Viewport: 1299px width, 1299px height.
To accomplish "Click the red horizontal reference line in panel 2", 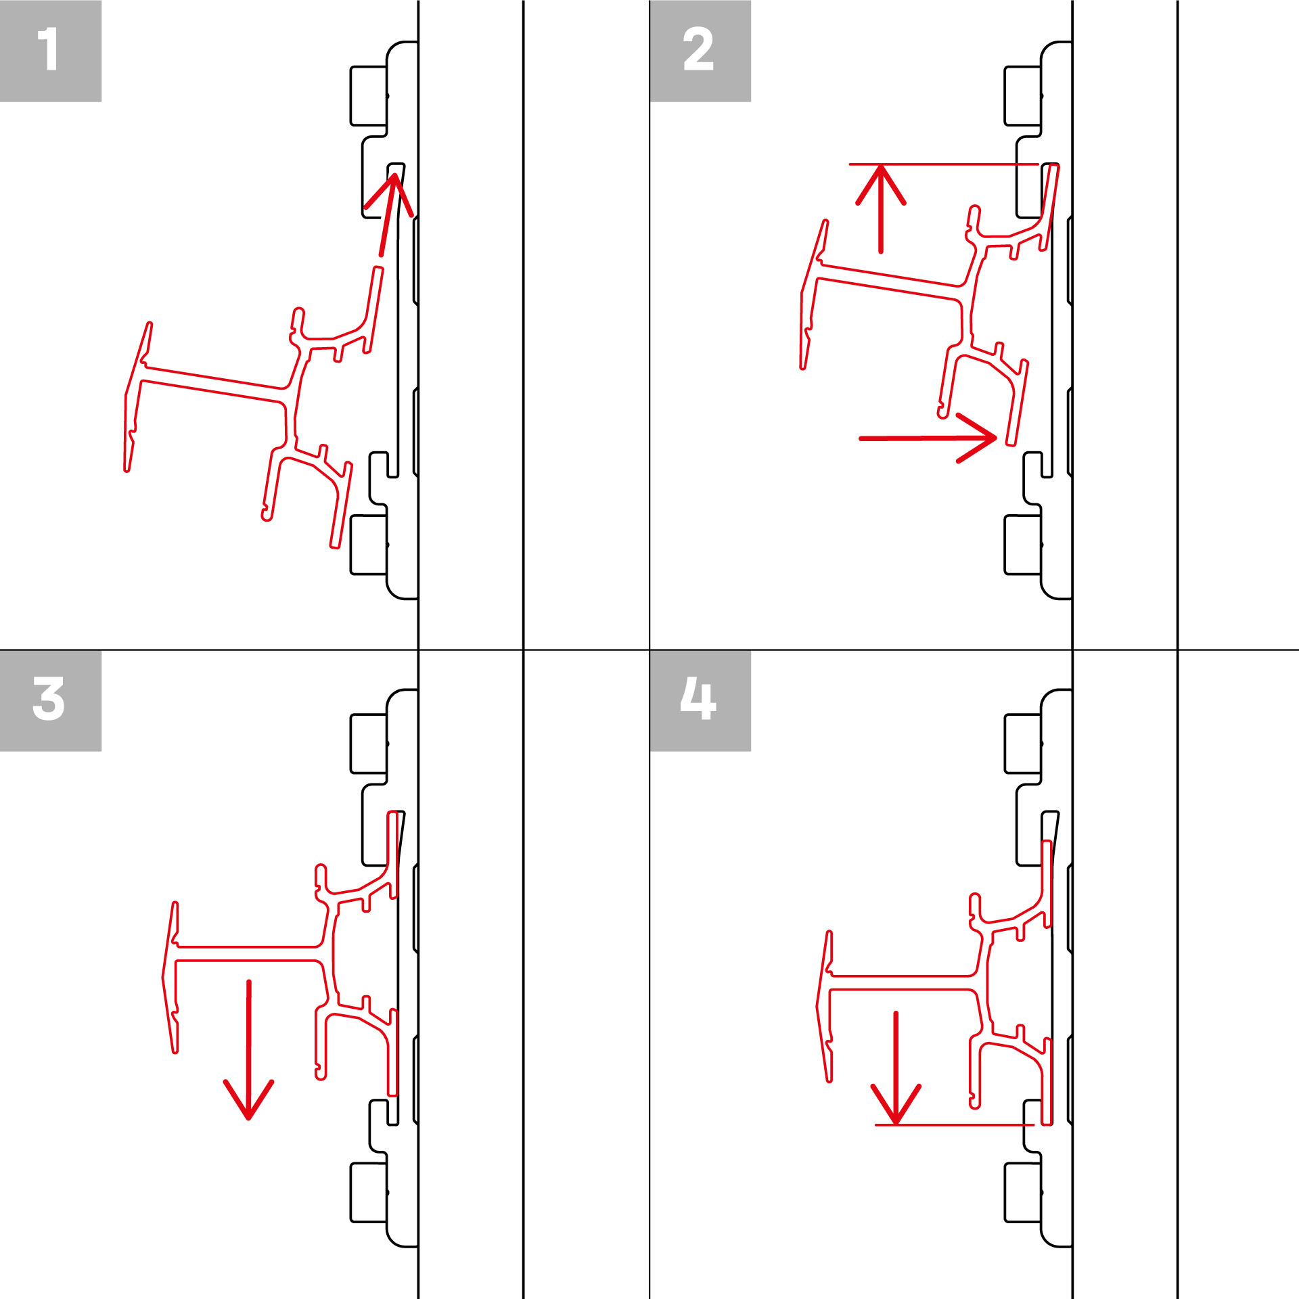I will click(x=944, y=164).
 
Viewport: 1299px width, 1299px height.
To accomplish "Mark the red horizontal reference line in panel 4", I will click(x=954, y=1125).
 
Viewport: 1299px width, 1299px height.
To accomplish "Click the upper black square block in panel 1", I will click(x=369, y=95).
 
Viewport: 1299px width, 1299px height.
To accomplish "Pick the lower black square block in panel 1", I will click(x=369, y=545).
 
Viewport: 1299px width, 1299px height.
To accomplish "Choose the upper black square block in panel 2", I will click(x=1023, y=95).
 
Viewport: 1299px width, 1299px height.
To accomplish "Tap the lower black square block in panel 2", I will click(x=1023, y=545).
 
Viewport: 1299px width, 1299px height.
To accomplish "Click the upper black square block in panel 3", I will click(x=369, y=743).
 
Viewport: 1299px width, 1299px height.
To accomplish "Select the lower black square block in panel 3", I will click(x=369, y=1193).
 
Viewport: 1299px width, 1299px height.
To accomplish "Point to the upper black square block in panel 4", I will click(x=1023, y=743).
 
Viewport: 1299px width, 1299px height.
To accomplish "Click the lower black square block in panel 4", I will click(x=1023, y=1193).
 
